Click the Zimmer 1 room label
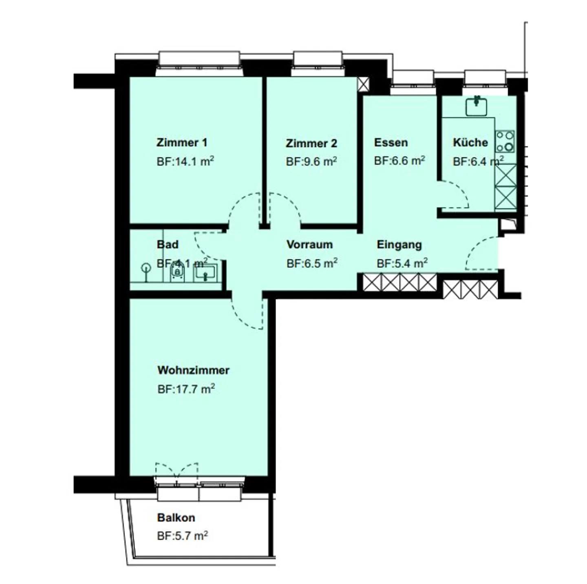pos(182,142)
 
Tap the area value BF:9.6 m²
pos(311,161)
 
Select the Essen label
pos(391,142)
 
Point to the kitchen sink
pos(476,106)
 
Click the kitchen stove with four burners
pos(505,141)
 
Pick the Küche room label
pos(470,142)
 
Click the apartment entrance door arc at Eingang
pos(481,253)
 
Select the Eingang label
pos(399,245)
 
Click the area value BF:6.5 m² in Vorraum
pos(312,263)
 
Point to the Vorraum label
pos(309,245)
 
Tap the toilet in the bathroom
pos(177,272)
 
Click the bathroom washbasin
pos(205,272)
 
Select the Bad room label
pos(168,244)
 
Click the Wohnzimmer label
pos(193,370)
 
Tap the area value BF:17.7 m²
pos(186,389)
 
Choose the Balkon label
pos(176,518)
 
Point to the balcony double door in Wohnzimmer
pos(177,473)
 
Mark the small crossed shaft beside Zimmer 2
pos(363,84)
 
